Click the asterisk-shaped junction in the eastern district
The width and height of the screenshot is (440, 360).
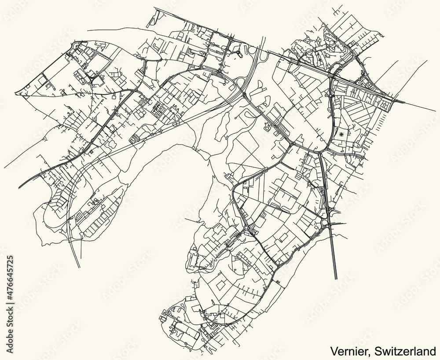pos(342,133)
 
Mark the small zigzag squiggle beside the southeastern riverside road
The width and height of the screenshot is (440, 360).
pos(278,280)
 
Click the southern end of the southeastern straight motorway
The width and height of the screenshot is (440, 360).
pos(336,279)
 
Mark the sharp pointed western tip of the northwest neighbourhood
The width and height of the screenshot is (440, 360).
pos(15,93)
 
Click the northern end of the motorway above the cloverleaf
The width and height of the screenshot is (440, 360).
pos(264,37)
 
